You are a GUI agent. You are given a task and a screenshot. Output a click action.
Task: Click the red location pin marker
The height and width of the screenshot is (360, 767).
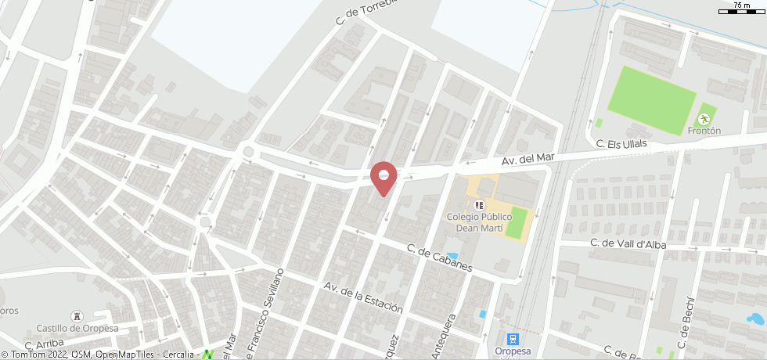click(x=383, y=176)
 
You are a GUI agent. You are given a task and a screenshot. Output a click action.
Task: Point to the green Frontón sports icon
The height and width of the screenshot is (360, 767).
click(x=704, y=119)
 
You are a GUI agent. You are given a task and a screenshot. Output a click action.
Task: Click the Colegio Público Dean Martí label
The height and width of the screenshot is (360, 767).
click(x=479, y=223)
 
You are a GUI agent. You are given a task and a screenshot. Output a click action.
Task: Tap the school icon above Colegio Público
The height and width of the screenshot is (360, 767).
click(x=479, y=205)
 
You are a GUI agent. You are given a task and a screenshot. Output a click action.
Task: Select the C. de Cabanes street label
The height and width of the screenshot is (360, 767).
click(x=439, y=257)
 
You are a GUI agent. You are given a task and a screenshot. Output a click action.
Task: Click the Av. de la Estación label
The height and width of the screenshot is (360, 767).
click(x=362, y=297)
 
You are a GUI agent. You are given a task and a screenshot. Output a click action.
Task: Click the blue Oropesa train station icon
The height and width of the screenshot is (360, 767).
click(x=513, y=339)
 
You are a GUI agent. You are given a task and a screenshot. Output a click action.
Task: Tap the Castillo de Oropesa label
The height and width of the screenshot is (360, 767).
click(x=77, y=328)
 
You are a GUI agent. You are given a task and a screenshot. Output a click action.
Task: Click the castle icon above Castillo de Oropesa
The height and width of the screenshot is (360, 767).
click(x=76, y=315)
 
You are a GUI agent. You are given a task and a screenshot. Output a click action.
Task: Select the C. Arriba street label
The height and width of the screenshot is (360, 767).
click(x=43, y=343)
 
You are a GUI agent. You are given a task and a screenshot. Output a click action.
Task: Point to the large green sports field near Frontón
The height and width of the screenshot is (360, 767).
click(x=651, y=100)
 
